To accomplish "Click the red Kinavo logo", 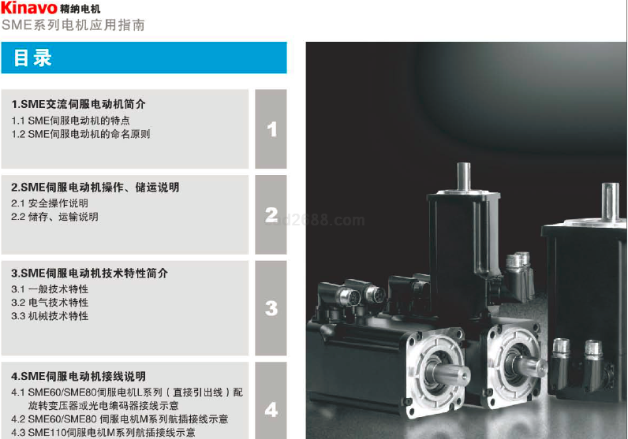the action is pos(29,8).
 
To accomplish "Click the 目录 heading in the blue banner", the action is pos(32,58).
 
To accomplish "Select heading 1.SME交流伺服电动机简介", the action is pos(79,104).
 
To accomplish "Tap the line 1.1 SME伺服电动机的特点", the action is pos(70,121).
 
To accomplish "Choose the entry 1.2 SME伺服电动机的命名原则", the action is pos(81,134).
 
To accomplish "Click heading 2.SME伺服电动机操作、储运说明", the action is pos(95,188).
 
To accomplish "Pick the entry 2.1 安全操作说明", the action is pos(50,203).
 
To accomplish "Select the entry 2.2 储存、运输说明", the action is pos(55,217).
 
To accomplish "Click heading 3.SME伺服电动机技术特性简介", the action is pos(90,273).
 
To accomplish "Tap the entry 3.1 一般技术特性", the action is pos(50,289).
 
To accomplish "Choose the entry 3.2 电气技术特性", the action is pos(50,303).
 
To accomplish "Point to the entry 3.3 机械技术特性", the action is pos(50,316).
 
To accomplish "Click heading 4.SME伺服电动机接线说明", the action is pos(79,377).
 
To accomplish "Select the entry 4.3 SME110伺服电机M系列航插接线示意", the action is pos(103,433).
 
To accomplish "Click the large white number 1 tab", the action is pos(272,129).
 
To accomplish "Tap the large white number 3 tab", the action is pos(271,308).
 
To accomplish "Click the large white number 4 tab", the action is pos(271,410).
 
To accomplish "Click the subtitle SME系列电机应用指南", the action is pos(73,24).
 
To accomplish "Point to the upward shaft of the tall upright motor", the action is pos(464,177).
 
